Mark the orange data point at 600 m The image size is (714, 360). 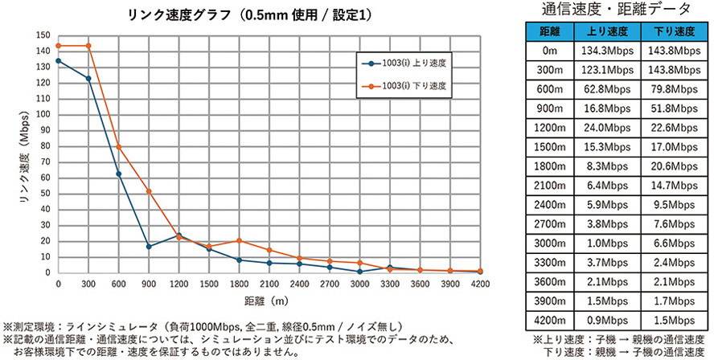118,147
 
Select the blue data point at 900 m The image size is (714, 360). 149,246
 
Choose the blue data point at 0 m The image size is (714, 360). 58,60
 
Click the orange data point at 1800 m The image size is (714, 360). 239,240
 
